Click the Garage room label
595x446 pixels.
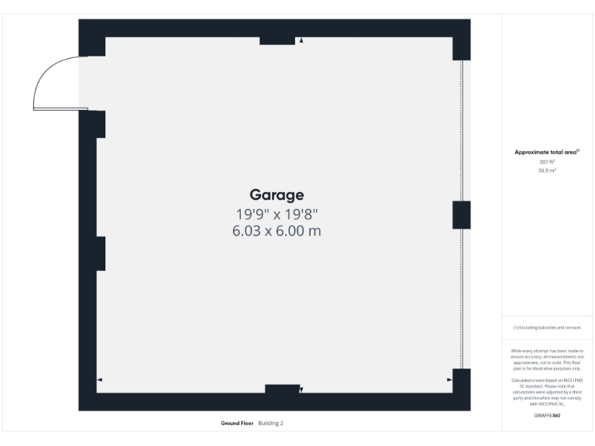coord(277,194)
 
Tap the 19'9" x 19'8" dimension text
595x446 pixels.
coord(277,213)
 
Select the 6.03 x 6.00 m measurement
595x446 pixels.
coord(277,231)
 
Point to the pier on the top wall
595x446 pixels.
coord(277,39)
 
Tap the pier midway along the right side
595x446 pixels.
coord(461,214)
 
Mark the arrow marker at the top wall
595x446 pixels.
coord(301,40)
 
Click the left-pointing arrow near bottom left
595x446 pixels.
coord(99,379)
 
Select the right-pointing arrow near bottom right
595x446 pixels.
coord(449,380)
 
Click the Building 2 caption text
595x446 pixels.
coord(270,424)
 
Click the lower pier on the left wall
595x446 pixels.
coord(100,253)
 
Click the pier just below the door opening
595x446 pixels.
coord(96,125)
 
